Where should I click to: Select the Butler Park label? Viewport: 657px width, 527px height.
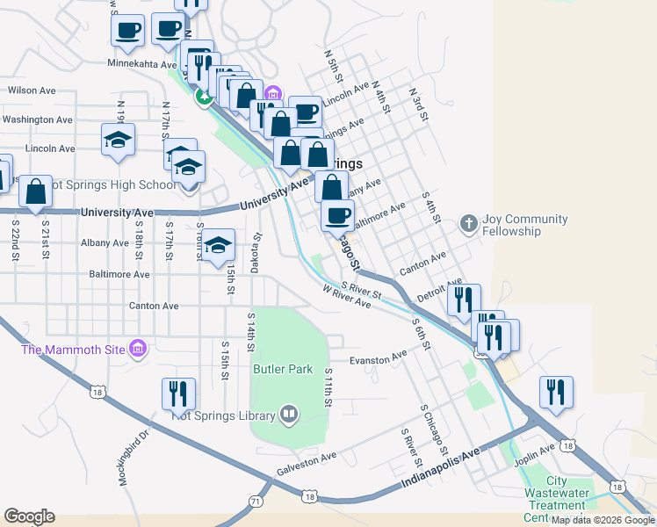tap(283, 370)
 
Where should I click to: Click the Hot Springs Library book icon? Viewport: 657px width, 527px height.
tap(289, 414)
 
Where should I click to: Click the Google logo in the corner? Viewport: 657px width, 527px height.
tap(29, 516)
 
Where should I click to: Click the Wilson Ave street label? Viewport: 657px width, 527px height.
tap(32, 90)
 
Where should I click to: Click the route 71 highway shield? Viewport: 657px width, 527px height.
tap(256, 501)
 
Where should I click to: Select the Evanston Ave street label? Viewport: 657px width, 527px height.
tap(378, 356)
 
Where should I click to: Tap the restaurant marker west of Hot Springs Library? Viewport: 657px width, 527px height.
tap(179, 394)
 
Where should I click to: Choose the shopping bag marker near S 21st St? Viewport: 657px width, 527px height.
tap(36, 193)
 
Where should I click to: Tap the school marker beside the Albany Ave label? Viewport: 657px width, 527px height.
tap(219, 248)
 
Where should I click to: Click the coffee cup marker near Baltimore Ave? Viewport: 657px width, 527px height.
tap(337, 214)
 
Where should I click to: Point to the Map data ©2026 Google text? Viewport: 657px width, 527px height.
tap(603, 520)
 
